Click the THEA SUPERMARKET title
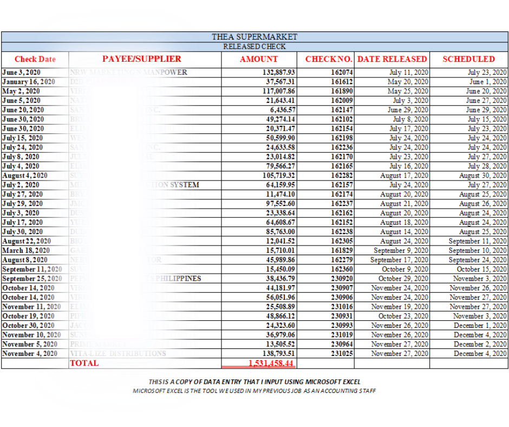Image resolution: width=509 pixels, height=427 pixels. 255,37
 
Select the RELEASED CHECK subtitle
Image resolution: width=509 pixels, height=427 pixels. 255,47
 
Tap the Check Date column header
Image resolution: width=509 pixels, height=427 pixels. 35,60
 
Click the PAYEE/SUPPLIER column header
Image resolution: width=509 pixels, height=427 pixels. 142,59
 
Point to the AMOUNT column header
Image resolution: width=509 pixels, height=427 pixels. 259,60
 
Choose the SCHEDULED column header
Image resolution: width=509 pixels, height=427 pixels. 468,59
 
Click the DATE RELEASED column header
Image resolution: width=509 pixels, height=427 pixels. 392,59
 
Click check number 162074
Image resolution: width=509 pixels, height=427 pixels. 342,72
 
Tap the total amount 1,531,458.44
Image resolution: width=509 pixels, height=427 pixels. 271,363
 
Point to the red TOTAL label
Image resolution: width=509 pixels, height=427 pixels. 84,363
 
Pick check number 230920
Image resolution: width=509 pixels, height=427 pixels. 342,279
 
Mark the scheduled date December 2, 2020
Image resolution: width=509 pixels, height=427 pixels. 480,344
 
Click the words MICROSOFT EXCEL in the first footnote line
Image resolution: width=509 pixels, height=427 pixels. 328,382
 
